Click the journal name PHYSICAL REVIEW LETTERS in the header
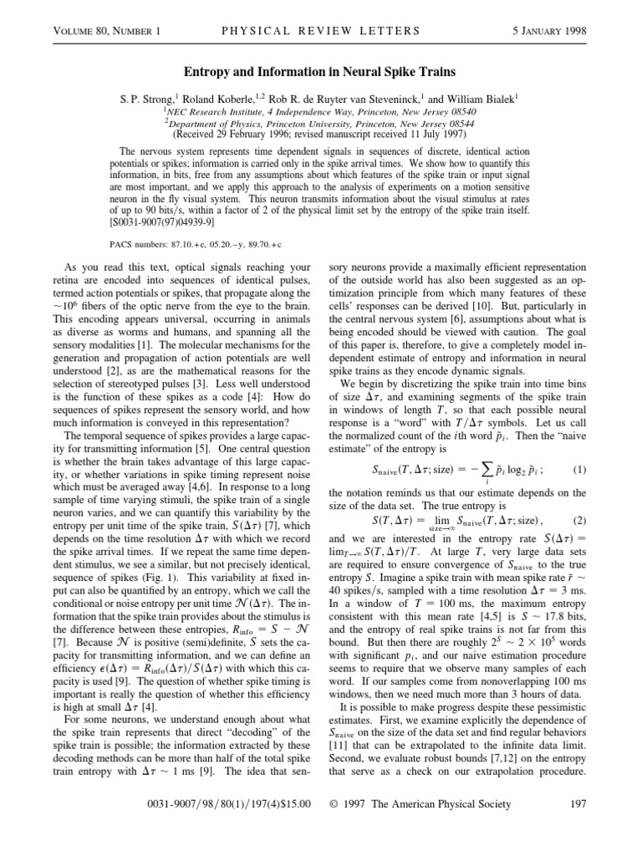322,32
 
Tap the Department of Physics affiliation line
321,122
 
